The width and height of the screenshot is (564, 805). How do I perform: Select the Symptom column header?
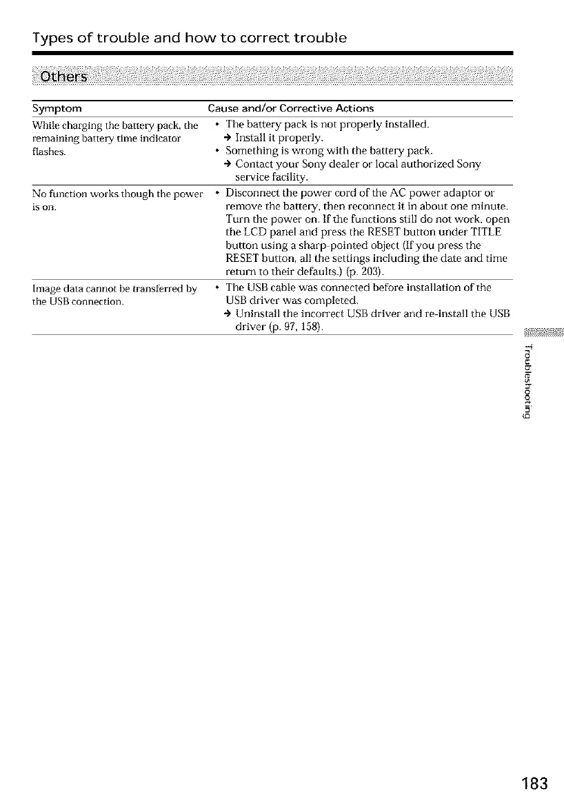57,109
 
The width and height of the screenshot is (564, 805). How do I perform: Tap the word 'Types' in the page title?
56,37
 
